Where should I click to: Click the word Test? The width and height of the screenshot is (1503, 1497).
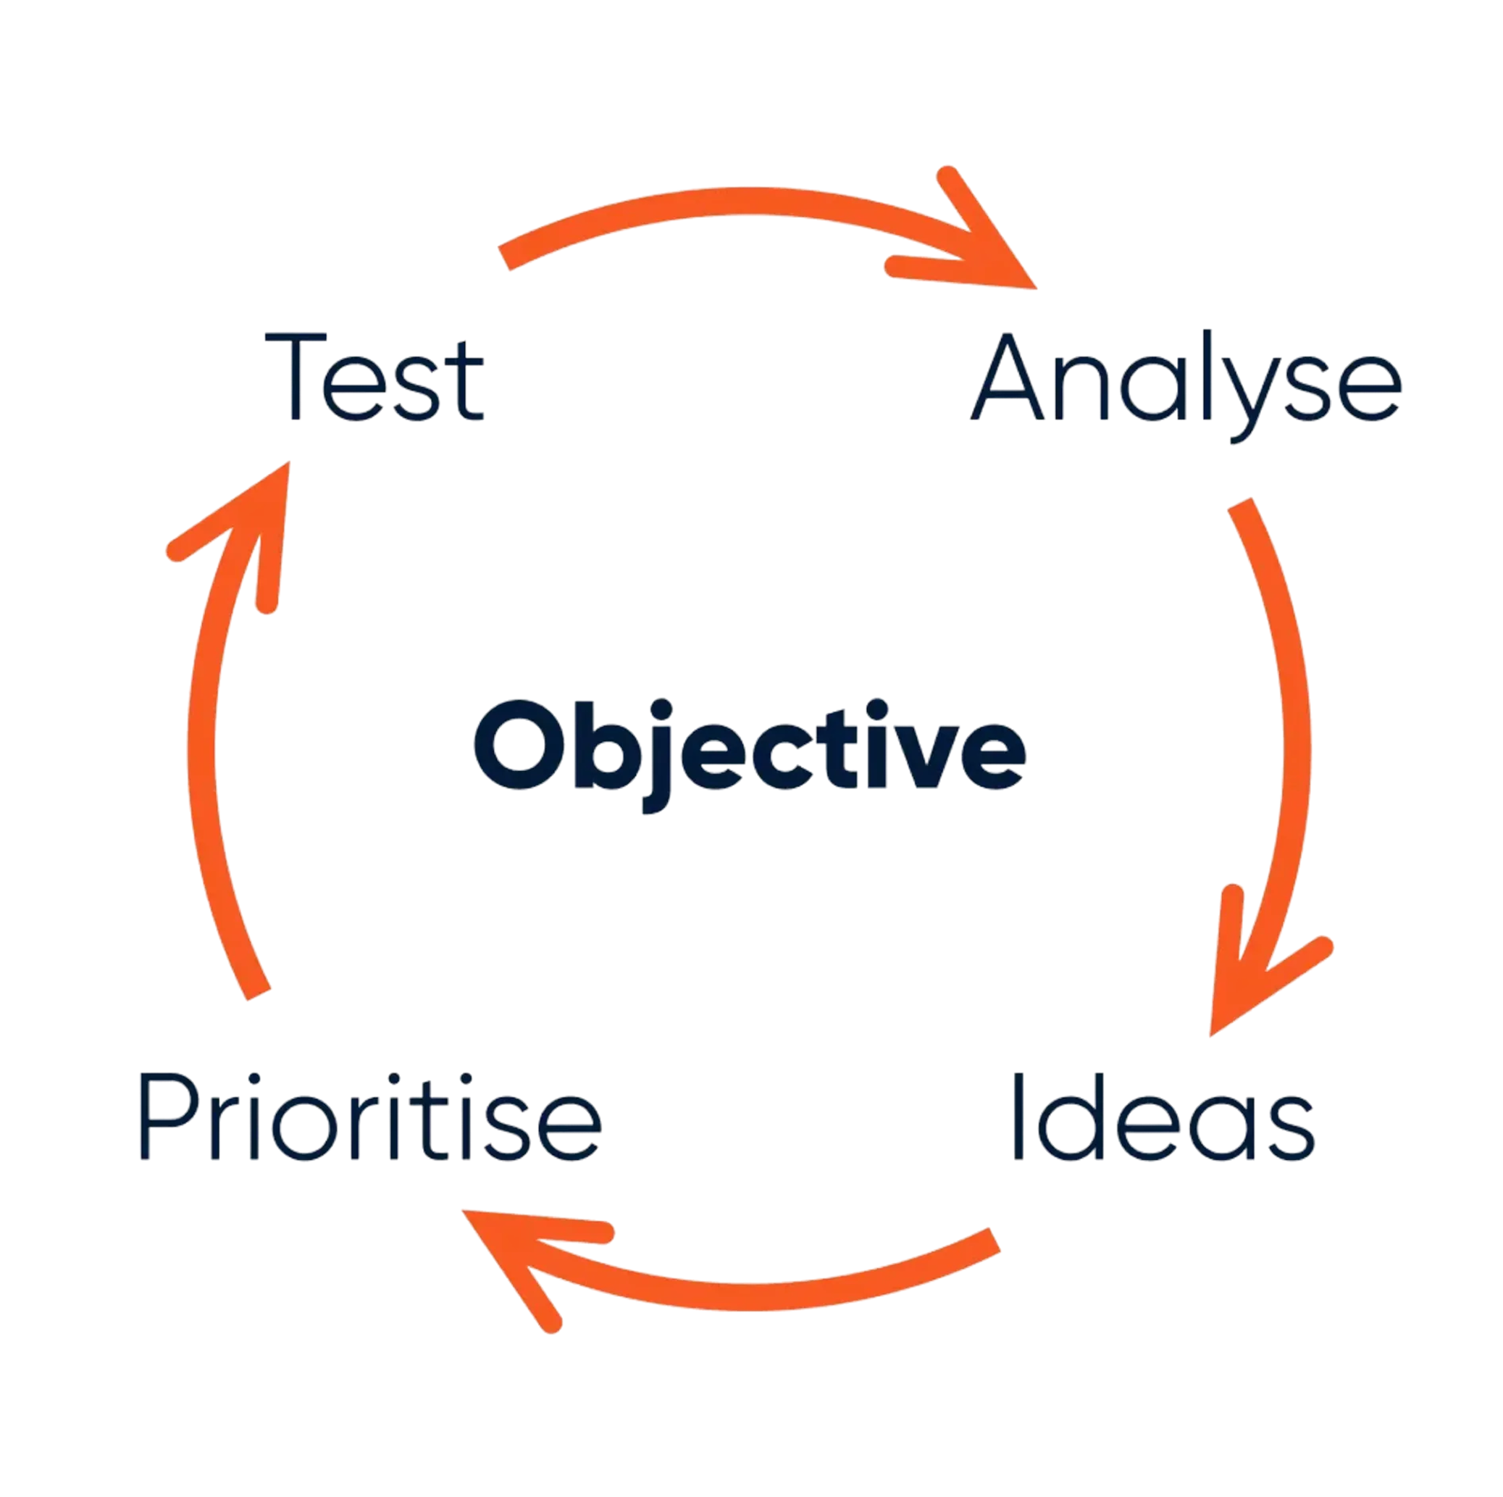[x=375, y=378]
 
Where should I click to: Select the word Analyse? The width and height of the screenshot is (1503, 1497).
[x=1186, y=381]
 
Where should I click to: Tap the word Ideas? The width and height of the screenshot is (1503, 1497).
[x=1164, y=1117]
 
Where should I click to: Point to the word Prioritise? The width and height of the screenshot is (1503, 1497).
[x=370, y=1117]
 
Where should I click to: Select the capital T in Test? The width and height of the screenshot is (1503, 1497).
[x=296, y=377]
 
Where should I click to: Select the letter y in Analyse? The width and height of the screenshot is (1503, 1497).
[x=1249, y=397]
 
